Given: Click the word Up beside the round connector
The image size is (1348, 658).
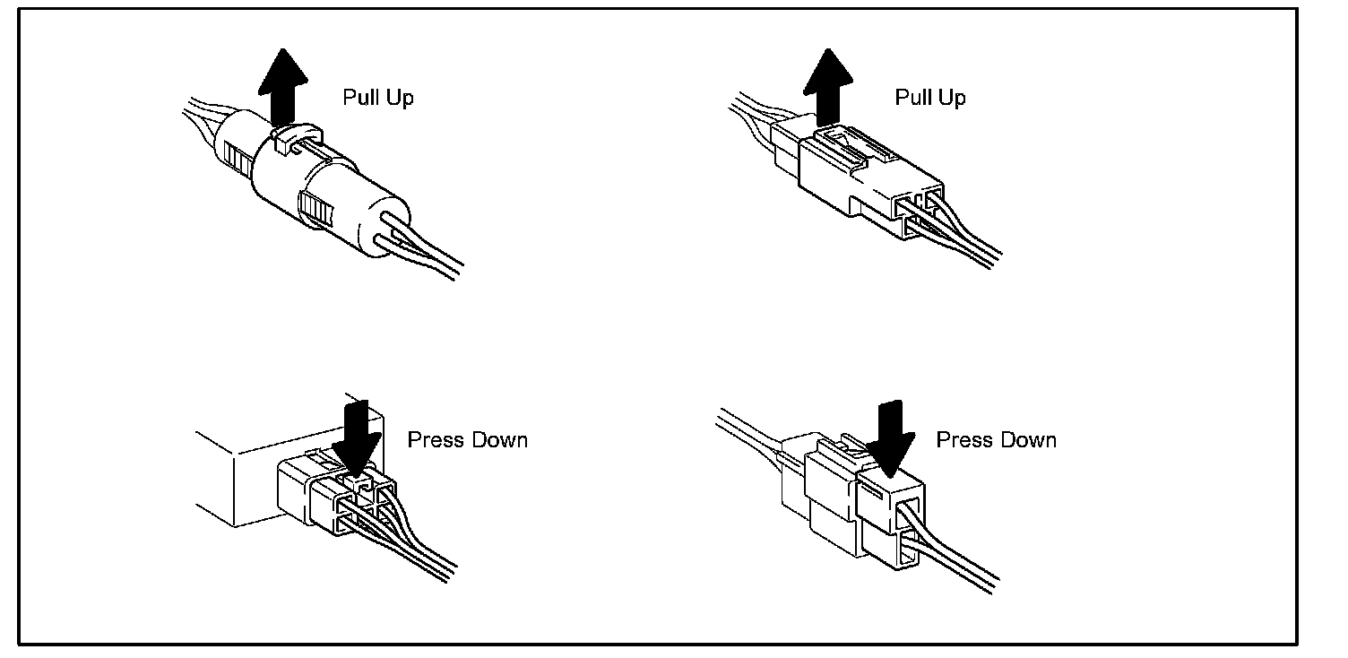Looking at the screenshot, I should point(400,98).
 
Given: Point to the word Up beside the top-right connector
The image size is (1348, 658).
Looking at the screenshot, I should point(953,98).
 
